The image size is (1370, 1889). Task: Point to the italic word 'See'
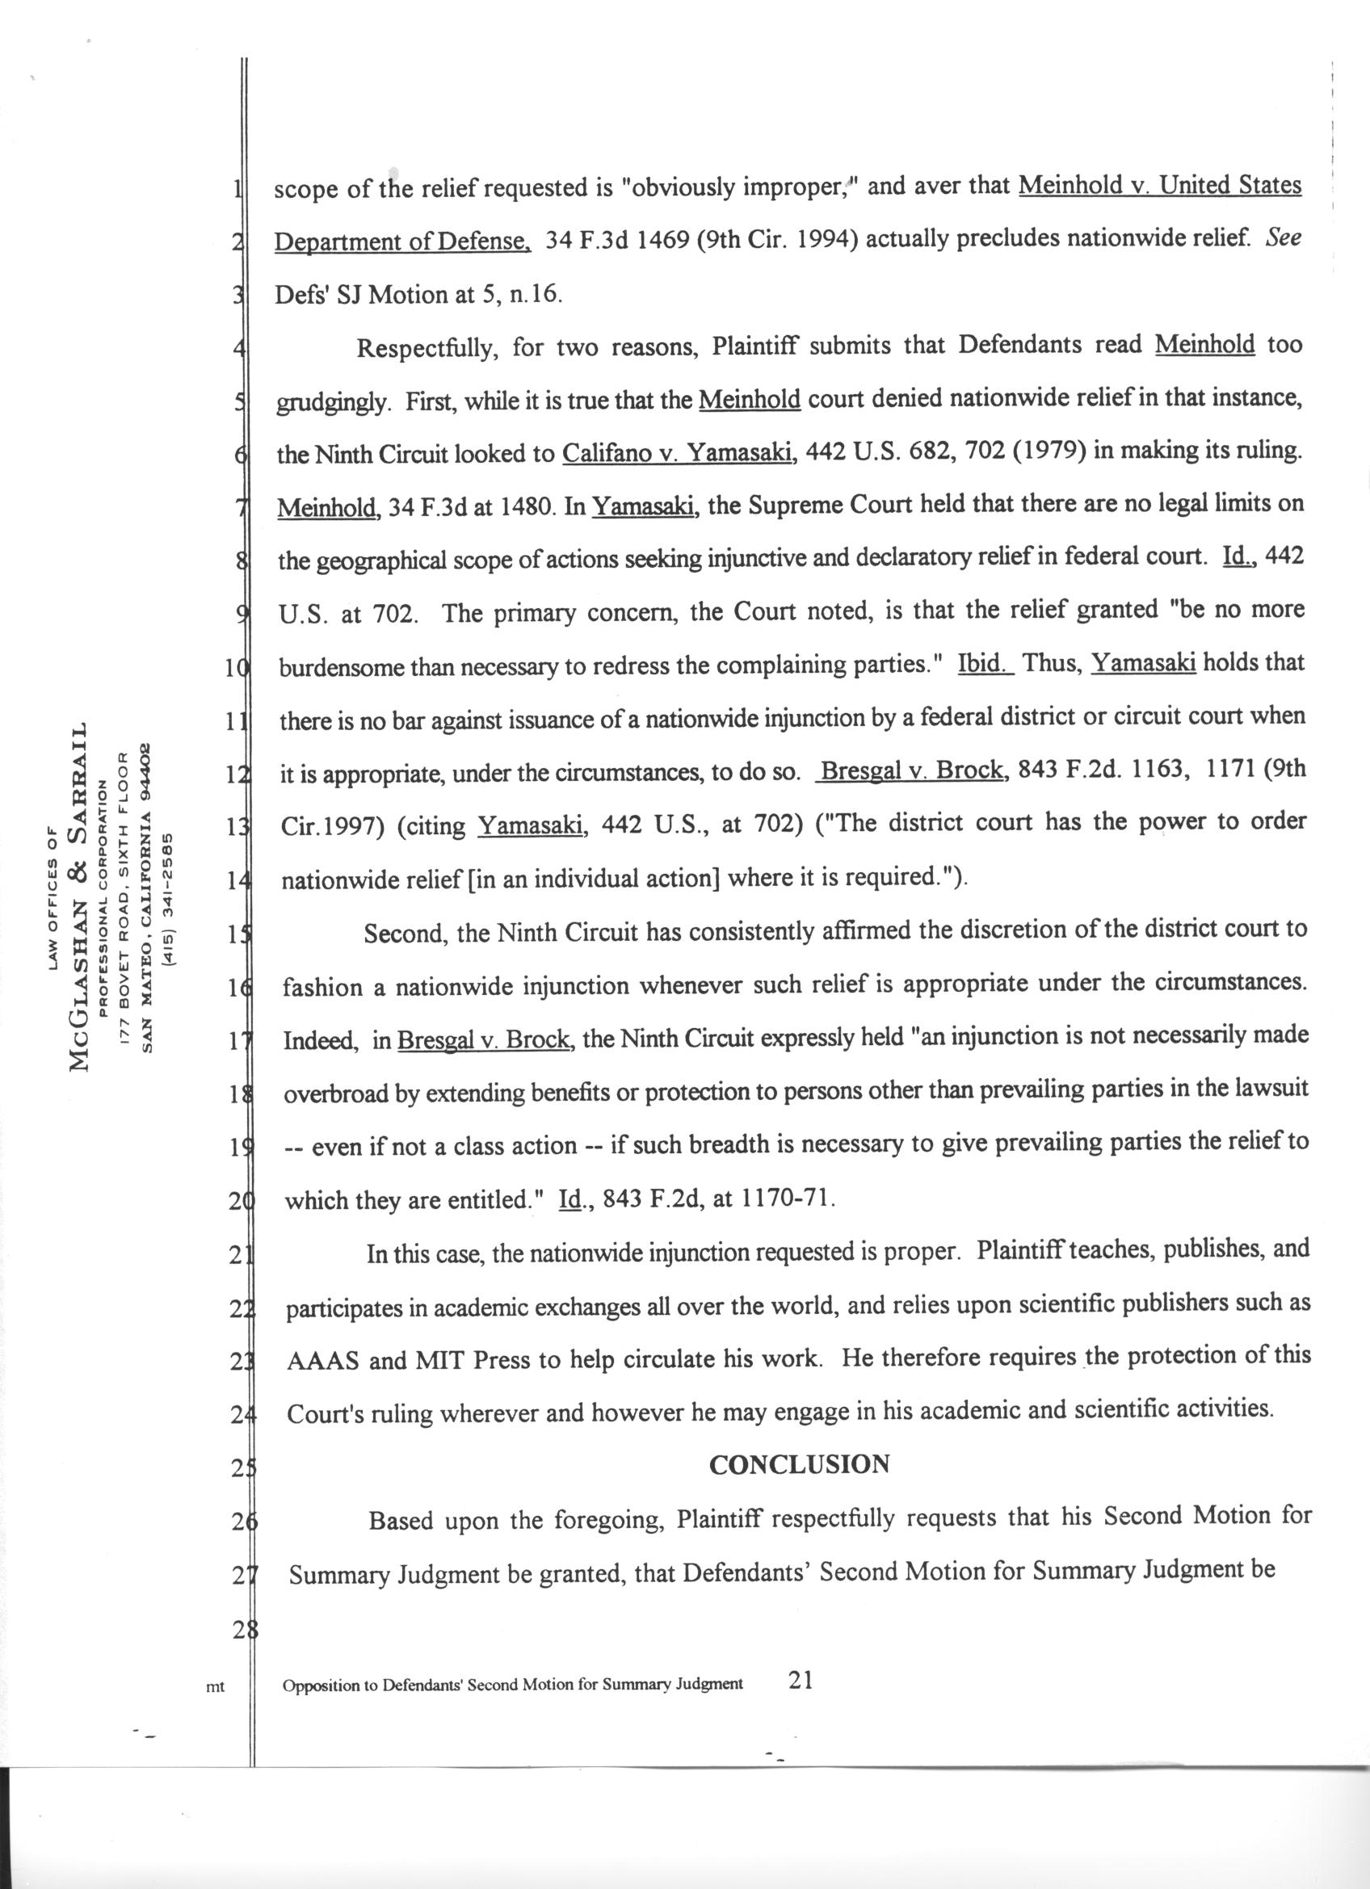point(1284,238)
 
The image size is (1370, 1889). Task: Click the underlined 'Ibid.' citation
point(985,664)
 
